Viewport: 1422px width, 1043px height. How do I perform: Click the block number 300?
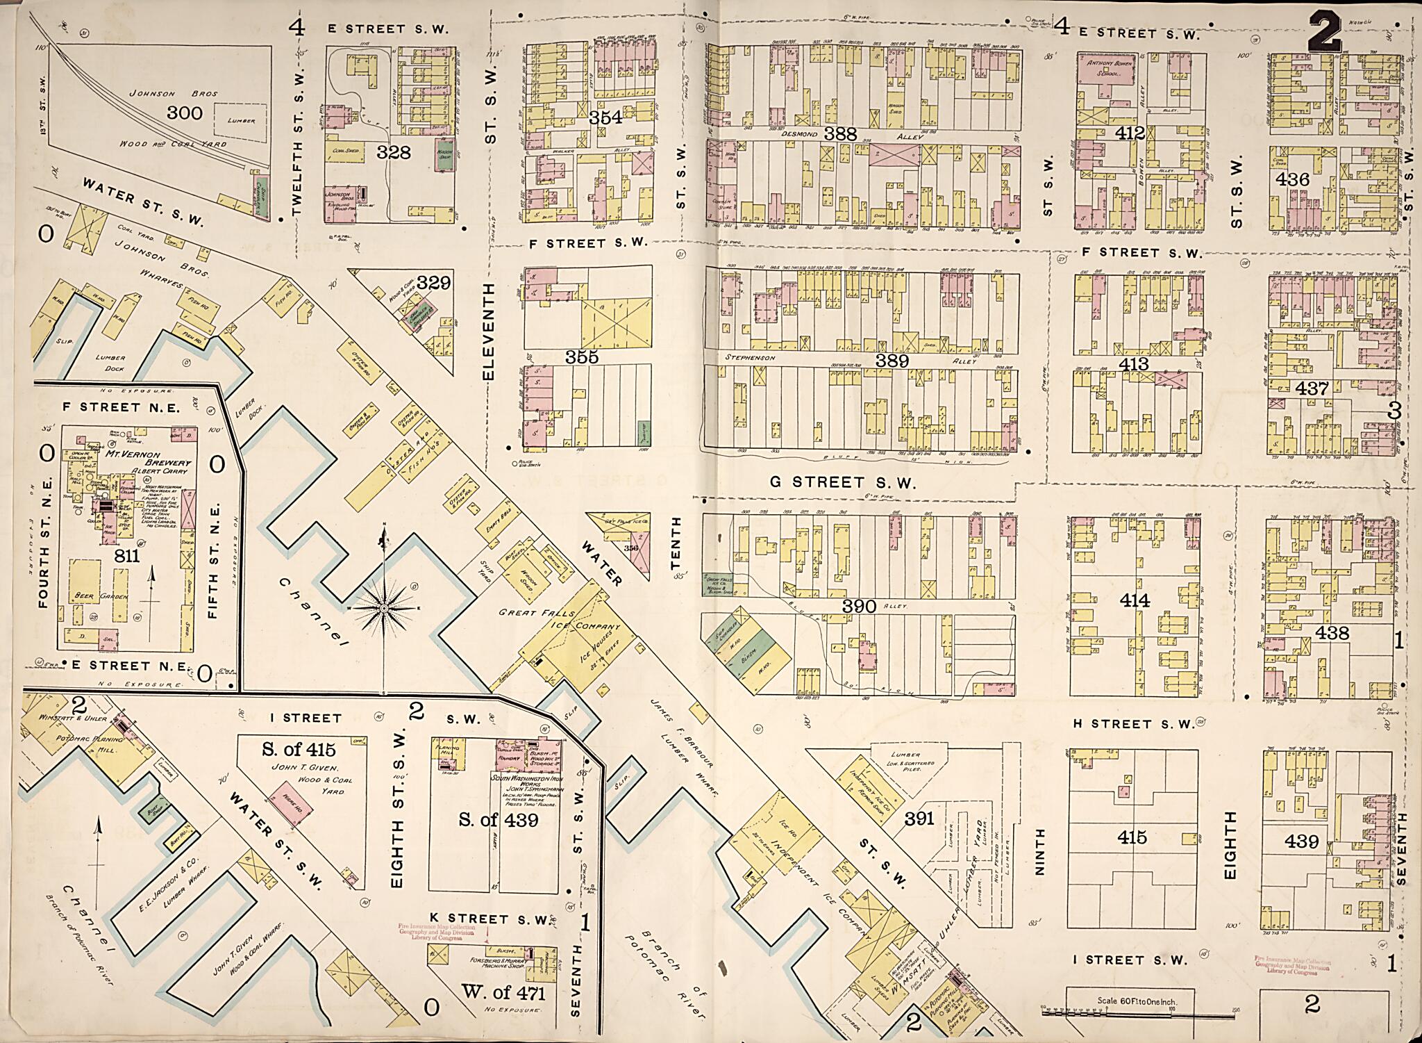(185, 112)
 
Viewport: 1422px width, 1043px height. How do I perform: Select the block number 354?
(605, 117)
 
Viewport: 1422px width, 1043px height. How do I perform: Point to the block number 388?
(841, 133)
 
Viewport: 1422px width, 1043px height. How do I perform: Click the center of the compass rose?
(383, 608)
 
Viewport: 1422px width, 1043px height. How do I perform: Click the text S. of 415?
(298, 749)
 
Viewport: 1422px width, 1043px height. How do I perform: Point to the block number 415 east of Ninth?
(1132, 837)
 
